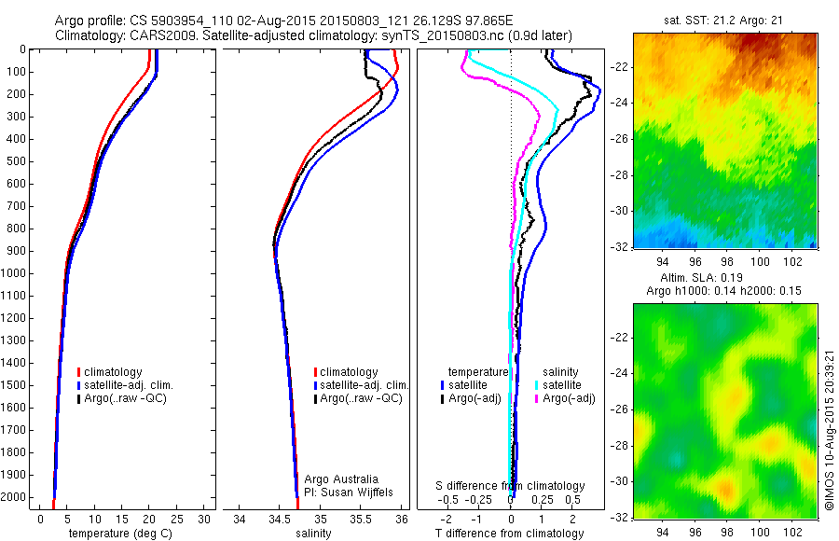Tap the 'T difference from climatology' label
(x=509, y=534)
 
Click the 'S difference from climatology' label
(x=511, y=486)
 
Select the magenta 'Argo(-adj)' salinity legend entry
(x=568, y=398)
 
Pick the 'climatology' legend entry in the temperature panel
(x=113, y=372)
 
